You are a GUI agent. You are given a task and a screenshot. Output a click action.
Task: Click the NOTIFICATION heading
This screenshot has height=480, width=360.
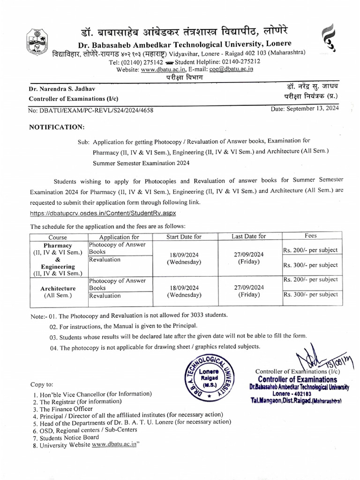[57, 127]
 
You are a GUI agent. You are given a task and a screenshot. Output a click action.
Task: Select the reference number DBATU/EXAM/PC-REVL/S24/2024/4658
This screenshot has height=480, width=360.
[91, 111]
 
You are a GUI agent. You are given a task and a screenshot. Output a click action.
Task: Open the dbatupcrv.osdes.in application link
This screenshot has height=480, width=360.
[102, 214]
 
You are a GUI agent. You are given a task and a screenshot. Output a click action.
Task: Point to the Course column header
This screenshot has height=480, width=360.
[58, 237]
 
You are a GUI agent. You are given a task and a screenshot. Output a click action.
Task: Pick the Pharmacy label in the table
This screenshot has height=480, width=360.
[58, 245]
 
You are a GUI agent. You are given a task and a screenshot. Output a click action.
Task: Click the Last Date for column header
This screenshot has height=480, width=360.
[248, 236]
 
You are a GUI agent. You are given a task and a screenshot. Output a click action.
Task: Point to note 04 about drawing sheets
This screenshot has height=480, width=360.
[154, 347]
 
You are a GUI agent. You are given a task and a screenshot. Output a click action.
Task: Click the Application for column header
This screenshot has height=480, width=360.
[119, 237]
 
